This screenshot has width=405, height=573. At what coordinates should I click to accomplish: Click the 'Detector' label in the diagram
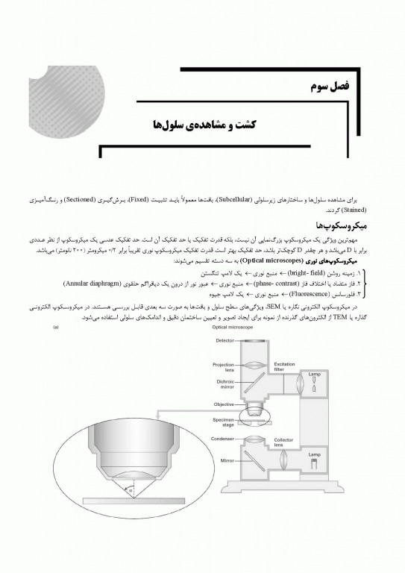(x=225, y=341)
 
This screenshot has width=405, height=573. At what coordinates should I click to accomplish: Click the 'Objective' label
(x=225, y=404)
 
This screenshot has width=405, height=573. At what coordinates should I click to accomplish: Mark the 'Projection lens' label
(x=224, y=367)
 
